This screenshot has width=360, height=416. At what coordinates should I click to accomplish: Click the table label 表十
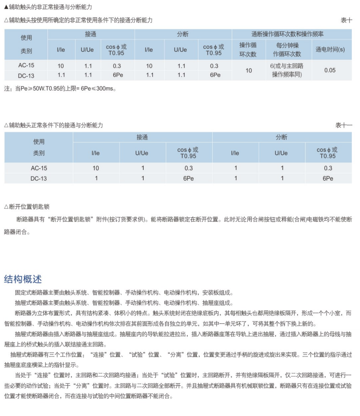[346, 20]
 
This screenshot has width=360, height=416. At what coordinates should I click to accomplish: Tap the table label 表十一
[344, 125]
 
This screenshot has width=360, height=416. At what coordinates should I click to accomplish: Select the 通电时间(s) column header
[330, 50]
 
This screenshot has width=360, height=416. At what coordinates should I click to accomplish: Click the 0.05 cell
[330, 70]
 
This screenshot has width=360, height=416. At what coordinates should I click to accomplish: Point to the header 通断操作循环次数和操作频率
[287, 34]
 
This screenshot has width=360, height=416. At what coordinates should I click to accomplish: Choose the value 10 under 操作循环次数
[248, 70]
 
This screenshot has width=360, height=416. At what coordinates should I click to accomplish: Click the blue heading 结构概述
[23, 279]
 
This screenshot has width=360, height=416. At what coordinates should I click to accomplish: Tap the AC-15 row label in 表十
[26, 66]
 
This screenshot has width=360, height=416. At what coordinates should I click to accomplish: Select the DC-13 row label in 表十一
[39, 178]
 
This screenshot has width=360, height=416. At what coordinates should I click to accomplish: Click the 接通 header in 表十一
[143, 137]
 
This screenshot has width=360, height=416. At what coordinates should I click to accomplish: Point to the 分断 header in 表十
[183, 34]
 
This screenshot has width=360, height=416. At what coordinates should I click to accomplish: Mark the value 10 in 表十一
[96, 168]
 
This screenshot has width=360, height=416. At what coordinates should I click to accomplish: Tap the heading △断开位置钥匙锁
[27, 207]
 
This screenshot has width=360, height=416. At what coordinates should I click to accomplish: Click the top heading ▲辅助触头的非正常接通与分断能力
[48, 7]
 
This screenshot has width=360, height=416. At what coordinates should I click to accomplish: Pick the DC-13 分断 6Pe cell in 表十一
[328, 178]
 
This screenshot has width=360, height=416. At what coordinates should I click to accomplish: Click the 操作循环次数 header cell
[248, 50]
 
